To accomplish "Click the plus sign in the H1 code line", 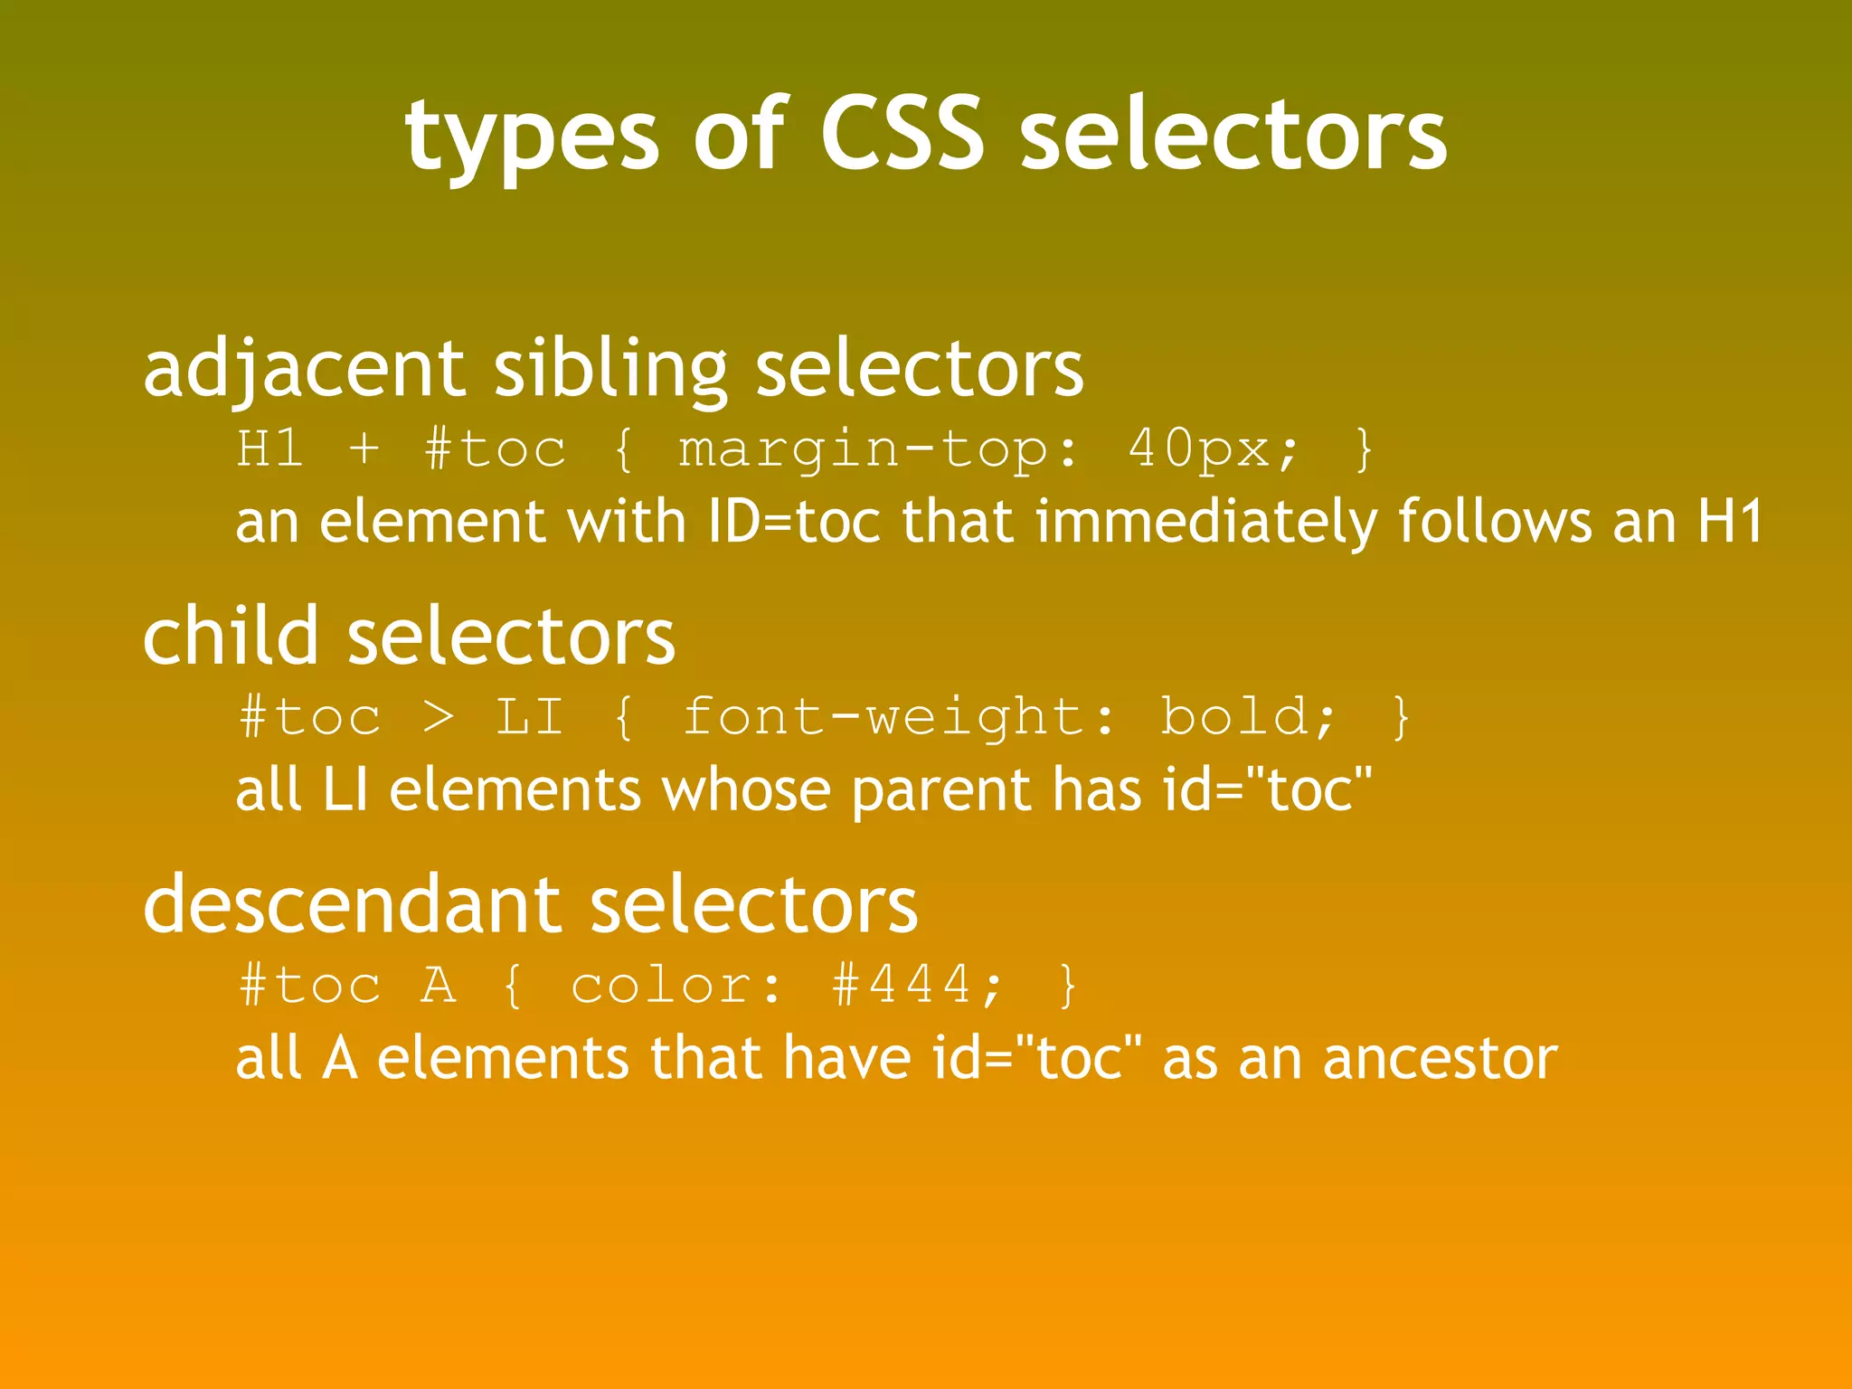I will coord(364,449).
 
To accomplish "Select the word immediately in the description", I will coord(1206,522).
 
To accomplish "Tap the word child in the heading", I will coord(231,636).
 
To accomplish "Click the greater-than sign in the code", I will coord(439,717).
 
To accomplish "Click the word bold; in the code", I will coord(1248,717).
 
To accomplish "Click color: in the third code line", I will coord(676,985).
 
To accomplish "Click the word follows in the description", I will coord(1494,522).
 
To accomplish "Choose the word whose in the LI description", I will coord(746,789).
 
